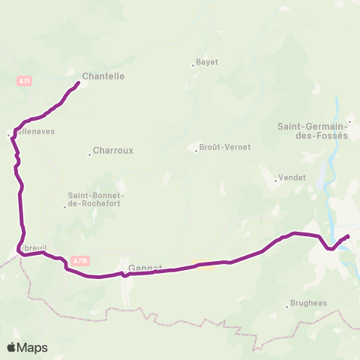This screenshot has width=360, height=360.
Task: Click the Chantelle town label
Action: pyautogui.click(x=103, y=76)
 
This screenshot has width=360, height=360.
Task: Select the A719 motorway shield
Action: pyautogui.click(x=80, y=261)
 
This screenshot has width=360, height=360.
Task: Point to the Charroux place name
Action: pyautogui.click(x=113, y=150)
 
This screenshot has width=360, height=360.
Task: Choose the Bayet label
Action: pyautogui.click(x=206, y=62)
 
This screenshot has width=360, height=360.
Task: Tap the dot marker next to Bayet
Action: pyautogui.click(x=193, y=66)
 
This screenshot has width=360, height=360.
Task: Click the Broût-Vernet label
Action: pyautogui.click(x=225, y=148)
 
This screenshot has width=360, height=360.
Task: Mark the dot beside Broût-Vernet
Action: pyautogui.click(x=196, y=151)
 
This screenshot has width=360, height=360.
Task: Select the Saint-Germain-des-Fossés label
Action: pyautogui.click(x=313, y=130)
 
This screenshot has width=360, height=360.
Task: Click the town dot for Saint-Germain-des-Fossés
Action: pyautogui.click(x=349, y=120)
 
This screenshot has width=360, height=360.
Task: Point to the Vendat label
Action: pyautogui.click(x=289, y=178)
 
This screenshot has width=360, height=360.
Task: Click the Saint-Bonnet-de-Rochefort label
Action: pyautogui.click(x=95, y=197)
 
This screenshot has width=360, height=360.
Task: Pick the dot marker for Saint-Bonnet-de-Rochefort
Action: pyautogui.click(x=65, y=207)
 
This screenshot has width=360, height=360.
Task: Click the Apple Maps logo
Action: pyautogui.click(x=27, y=347)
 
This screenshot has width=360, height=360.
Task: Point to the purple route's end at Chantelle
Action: pyautogui.click(x=79, y=82)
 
